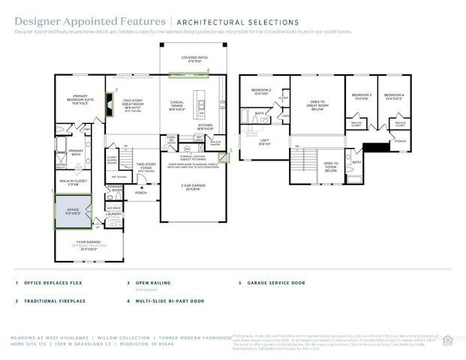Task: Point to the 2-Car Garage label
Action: pyautogui.click(x=191, y=187)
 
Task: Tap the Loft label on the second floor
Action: pyautogui.click(x=263, y=142)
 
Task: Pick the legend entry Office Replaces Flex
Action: pyautogui.click(x=51, y=283)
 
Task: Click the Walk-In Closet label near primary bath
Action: pyautogui.click(x=74, y=182)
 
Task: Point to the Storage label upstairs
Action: pyautogui.click(x=399, y=140)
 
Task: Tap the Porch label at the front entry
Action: pyautogui.click(x=140, y=191)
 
